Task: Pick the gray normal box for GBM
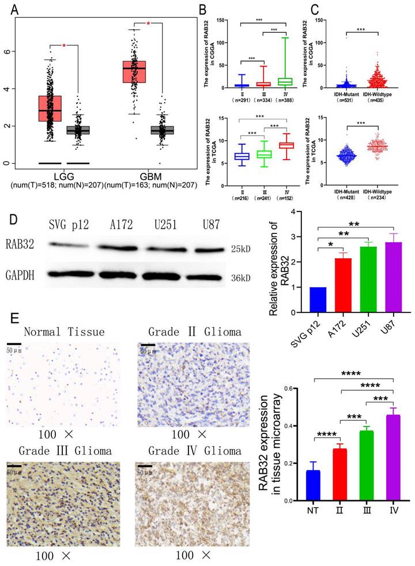coord(161,130)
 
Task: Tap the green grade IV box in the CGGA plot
coord(283,81)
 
